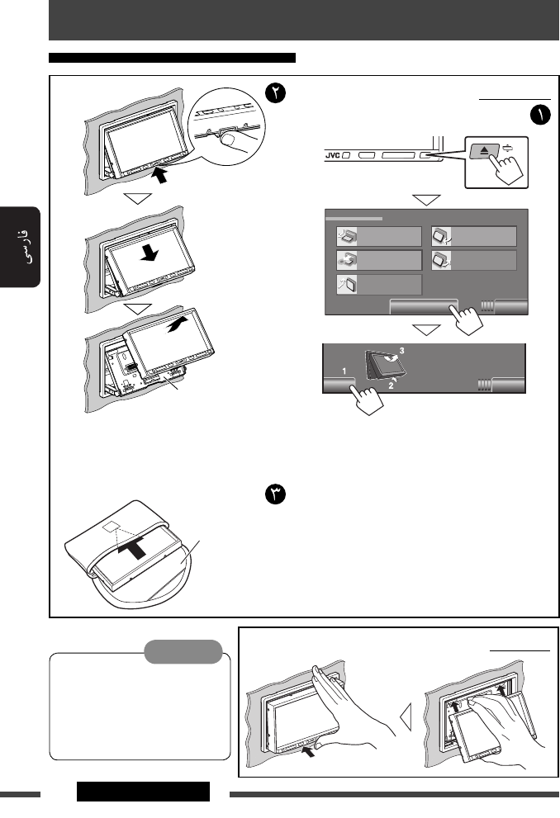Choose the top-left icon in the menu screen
click(346, 237)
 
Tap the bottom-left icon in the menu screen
click(346, 286)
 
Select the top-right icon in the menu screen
click(440, 237)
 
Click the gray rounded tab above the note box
click(182, 651)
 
